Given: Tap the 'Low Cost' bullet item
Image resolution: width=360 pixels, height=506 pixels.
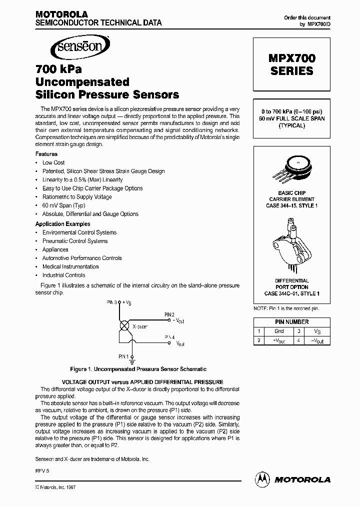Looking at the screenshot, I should (53, 162).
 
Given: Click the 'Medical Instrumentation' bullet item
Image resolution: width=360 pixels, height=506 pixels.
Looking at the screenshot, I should (70, 266).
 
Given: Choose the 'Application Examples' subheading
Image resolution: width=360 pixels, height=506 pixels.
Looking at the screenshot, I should (63, 224).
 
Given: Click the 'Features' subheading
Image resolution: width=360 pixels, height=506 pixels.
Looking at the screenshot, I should (46, 154).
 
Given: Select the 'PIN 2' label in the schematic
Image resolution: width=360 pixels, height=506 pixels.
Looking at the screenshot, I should (169, 314).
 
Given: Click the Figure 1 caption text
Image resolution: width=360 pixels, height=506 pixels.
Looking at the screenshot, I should (138, 369).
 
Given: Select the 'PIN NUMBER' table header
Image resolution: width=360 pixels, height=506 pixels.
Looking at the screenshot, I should (292, 322).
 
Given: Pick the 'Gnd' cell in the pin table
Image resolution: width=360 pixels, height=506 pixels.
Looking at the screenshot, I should (279, 331).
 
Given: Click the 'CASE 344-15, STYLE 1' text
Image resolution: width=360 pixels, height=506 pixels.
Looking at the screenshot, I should (291, 205).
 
